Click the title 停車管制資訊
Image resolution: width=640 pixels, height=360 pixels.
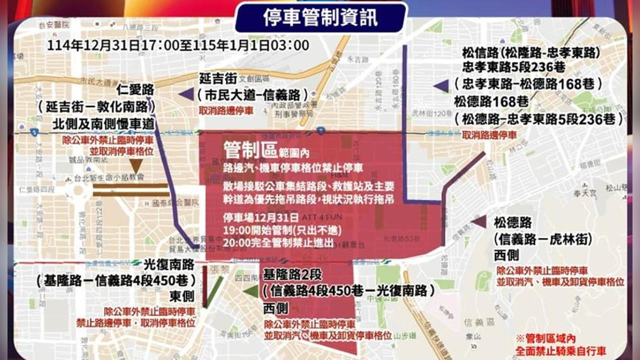tap(320, 17)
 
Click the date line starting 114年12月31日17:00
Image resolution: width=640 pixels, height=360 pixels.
tap(178, 45)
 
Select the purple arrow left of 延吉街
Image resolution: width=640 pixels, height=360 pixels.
tap(186, 93)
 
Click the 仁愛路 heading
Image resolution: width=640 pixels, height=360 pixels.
tap(135, 90)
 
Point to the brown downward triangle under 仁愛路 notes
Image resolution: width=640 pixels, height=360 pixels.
tap(136, 166)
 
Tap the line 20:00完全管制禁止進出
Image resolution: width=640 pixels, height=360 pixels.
tap(279, 242)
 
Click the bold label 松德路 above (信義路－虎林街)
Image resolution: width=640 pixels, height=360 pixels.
tap(513, 222)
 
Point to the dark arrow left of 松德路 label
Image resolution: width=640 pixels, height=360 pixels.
tap(478, 221)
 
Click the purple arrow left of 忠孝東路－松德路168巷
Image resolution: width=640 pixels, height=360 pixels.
tap(441, 86)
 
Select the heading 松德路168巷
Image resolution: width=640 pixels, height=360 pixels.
tap(491, 101)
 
